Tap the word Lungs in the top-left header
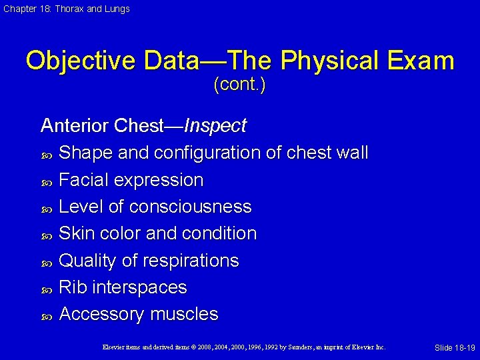(117, 9)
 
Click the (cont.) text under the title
(239, 86)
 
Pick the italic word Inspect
(215, 125)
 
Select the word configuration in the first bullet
(207, 153)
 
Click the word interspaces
(140, 287)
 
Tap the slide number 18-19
(463, 348)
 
